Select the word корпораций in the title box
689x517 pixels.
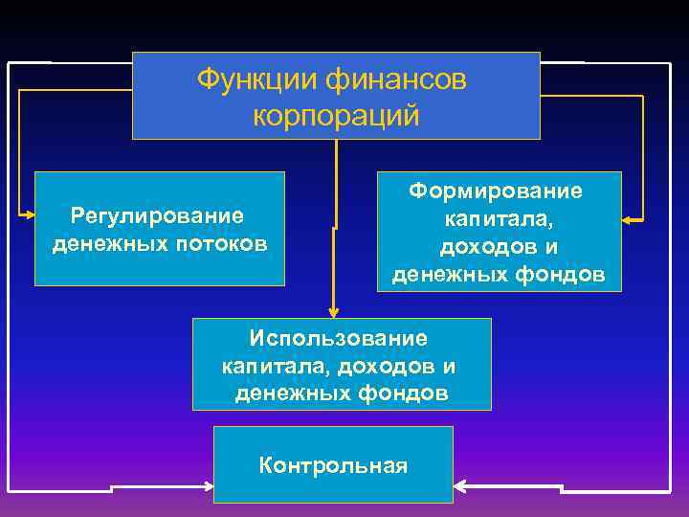tap(336, 116)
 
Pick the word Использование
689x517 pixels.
tap(339, 338)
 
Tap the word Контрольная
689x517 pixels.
tap(333, 466)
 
